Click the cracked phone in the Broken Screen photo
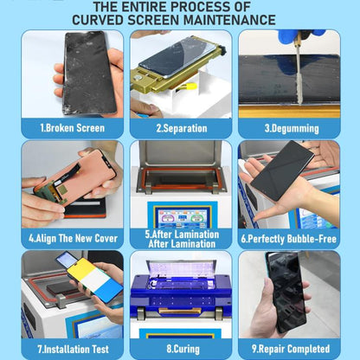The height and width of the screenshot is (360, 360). tap(87, 73)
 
